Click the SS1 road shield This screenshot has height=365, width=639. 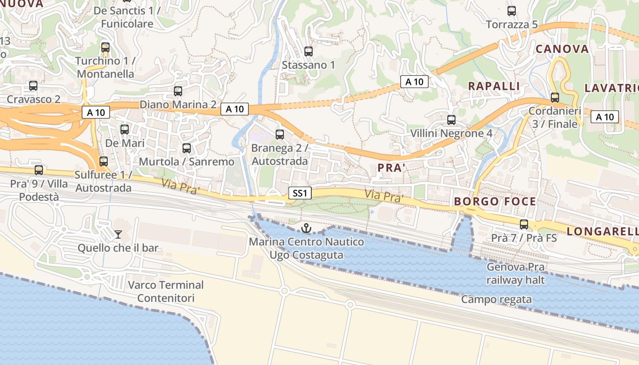pyautogui.click(x=299, y=193)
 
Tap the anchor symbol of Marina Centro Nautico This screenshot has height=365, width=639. pyautogui.click(x=306, y=228)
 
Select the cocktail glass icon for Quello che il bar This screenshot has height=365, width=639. pyautogui.click(x=118, y=235)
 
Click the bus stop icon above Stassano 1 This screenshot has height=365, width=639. pyautogui.click(x=309, y=52)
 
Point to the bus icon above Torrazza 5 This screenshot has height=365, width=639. pyautogui.click(x=512, y=11)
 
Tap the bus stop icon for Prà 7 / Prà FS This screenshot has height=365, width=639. pyautogui.click(x=524, y=224)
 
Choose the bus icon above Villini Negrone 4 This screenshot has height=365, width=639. pyautogui.click(x=451, y=120)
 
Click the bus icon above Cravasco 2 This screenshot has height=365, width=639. pyautogui.click(x=33, y=86)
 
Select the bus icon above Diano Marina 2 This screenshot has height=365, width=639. pyautogui.click(x=178, y=91)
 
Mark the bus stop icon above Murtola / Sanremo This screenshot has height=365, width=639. pyautogui.click(x=186, y=148)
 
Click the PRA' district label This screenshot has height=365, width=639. pyautogui.click(x=392, y=168)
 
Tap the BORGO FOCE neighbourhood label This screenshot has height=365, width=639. pyautogui.click(x=495, y=201)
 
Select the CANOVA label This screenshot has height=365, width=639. pyautogui.click(x=562, y=49)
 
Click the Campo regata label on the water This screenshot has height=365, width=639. pyautogui.click(x=496, y=299)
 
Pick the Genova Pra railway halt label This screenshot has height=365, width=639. pyautogui.click(x=516, y=273)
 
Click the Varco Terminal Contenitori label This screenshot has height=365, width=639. pyautogui.click(x=166, y=292)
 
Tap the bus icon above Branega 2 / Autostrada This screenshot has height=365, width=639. pyautogui.click(x=280, y=135)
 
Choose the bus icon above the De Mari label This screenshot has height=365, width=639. pyautogui.click(x=125, y=130)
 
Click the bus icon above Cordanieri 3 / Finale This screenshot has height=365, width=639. pyautogui.click(x=555, y=97)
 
